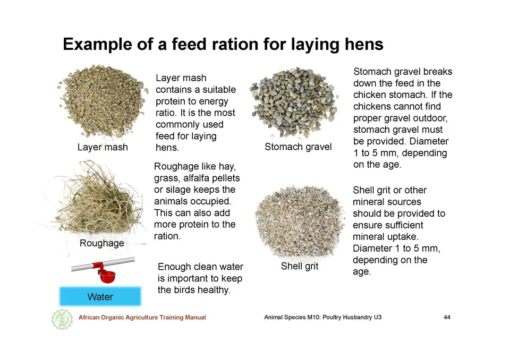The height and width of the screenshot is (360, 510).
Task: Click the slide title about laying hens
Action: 223,45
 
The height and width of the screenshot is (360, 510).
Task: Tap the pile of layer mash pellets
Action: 103,101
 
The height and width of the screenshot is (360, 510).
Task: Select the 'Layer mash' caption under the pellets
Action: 103,147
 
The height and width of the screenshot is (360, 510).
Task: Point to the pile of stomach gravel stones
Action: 294,103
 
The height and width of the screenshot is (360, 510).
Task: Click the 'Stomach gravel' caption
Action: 298,147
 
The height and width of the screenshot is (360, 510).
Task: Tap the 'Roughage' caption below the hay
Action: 102,243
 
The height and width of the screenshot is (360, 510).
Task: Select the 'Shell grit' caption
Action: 300,267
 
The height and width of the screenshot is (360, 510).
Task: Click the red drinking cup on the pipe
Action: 107,276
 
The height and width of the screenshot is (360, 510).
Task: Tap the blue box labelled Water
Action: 100,296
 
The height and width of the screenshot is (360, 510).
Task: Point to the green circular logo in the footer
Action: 62,319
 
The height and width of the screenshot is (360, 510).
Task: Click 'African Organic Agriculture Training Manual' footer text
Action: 142,318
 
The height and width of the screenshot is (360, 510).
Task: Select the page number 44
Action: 447,317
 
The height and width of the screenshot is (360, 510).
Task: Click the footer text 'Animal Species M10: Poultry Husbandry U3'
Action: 322,317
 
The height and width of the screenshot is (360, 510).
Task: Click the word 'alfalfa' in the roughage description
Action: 196,178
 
